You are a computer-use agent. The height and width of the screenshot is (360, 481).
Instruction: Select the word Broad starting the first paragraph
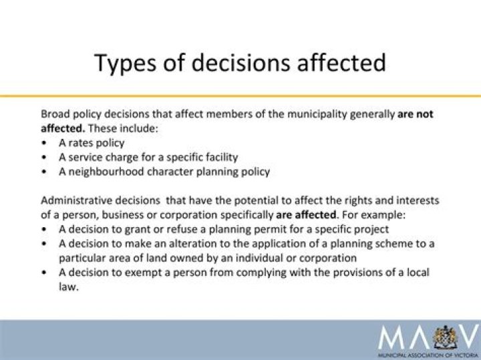point(56,114)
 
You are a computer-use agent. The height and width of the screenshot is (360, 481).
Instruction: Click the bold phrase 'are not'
point(416,114)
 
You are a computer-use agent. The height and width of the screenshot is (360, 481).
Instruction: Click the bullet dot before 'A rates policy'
point(44,143)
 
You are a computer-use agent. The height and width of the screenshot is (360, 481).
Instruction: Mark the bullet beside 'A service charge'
point(44,158)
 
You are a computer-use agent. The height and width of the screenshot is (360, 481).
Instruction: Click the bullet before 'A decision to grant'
point(44,229)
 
